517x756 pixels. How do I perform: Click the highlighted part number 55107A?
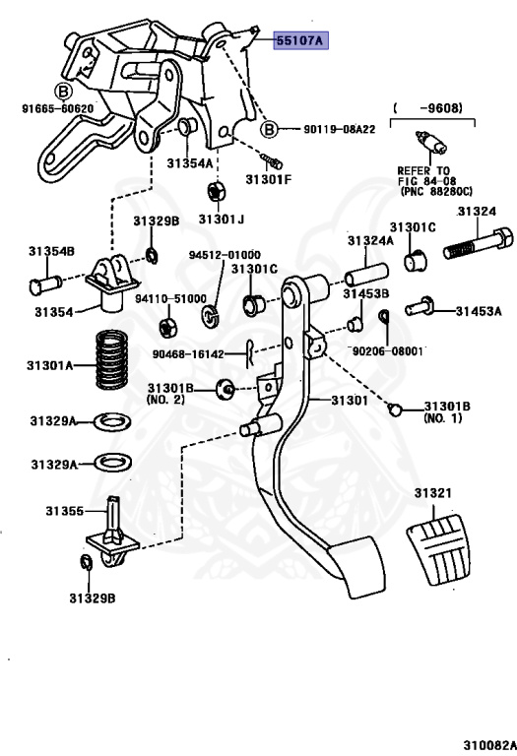(301, 40)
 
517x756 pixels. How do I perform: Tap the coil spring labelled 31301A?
(112, 359)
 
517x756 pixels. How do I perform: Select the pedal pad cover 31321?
(438, 549)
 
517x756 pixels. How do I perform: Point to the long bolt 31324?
(479, 244)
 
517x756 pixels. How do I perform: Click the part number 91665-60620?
(57, 109)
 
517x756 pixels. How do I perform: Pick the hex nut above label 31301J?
(216, 191)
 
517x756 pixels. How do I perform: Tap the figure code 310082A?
(490, 745)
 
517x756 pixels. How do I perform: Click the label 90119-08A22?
(339, 129)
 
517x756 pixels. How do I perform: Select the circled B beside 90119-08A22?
(269, 129)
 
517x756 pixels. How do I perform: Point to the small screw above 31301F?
(272, 161)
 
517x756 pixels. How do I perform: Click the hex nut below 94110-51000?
(167, 328)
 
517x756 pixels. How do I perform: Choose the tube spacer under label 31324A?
(366, 275)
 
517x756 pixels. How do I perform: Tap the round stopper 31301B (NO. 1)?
(395, 409)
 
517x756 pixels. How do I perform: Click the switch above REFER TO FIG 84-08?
(431, 143)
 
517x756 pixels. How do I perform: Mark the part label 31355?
(64, 511)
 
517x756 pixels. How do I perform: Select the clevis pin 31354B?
(45, 283)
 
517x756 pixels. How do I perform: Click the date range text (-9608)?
(427, 108)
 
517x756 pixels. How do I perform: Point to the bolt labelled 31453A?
(420, 307)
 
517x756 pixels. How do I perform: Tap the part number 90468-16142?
(188, 354)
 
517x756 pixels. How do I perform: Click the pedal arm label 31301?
(349, 400)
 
